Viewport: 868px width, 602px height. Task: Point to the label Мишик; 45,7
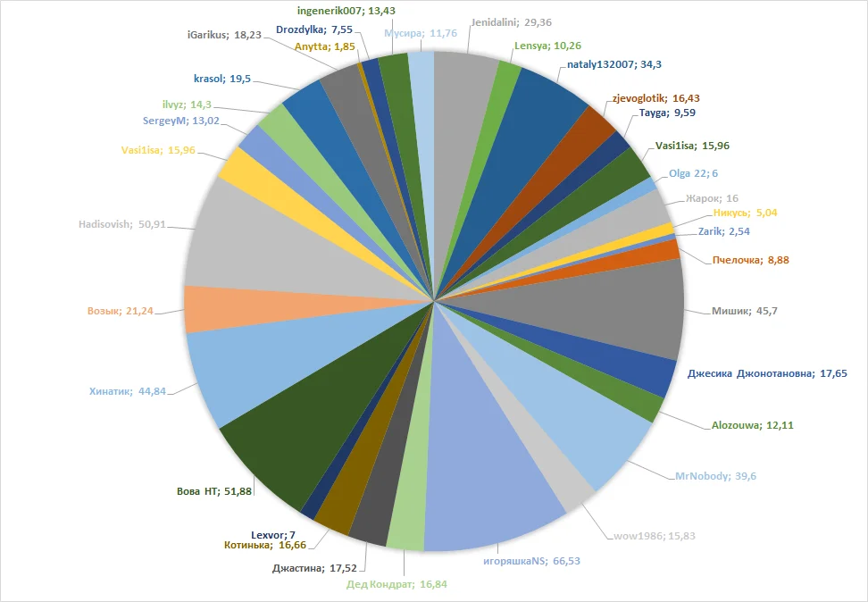click(746, 311)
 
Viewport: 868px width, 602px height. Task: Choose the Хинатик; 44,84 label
click(129, 390)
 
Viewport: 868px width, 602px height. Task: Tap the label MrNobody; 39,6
click(715, 476)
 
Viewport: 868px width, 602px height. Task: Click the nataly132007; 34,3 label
click(614, 64)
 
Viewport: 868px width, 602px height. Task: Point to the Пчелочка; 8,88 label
click(750, 260)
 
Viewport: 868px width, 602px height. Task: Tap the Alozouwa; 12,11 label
click(752, 425)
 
